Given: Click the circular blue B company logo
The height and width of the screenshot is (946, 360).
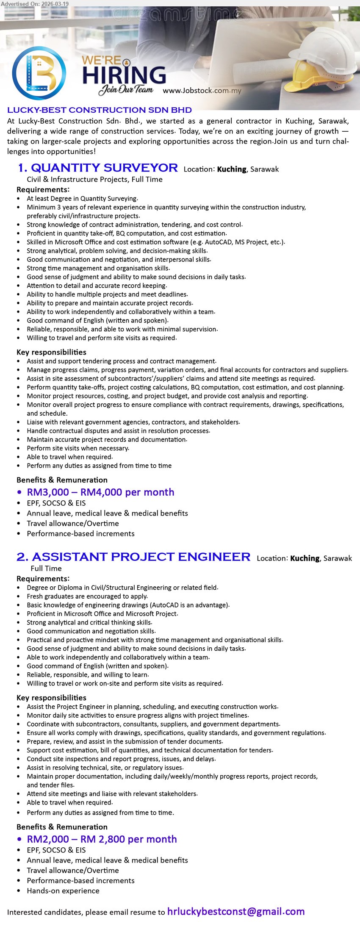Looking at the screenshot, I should point(39,73).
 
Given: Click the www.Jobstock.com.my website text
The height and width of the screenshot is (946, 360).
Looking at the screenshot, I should point(202,91).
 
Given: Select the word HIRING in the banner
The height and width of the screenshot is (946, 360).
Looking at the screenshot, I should point(124,75).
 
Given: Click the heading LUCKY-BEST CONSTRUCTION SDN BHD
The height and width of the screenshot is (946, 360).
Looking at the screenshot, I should point(100,110).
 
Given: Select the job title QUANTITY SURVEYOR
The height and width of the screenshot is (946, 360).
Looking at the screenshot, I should point(104,168).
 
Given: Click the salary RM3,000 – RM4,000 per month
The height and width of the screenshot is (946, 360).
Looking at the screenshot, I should point(100,492).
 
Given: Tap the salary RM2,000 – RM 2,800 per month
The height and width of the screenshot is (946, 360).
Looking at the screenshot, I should point(102,839).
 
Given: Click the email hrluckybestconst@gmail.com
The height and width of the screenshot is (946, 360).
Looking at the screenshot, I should point(236,912).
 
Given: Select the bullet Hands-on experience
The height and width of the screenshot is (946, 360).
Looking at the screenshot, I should point(63,891).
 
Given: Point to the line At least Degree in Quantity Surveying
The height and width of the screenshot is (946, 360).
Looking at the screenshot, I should point(82,198).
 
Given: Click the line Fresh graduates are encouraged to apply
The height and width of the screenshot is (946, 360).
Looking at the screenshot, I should point(87,596).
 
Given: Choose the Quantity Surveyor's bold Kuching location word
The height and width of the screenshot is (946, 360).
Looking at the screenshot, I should point(231,169).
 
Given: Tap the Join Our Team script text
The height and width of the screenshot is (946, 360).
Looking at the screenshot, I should point(126,89).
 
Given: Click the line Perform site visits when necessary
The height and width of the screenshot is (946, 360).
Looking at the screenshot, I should point(78,448).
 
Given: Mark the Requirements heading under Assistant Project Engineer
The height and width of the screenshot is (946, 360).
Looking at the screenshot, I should point(43,579).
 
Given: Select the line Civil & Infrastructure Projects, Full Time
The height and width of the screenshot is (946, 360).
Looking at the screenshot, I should point(94,179).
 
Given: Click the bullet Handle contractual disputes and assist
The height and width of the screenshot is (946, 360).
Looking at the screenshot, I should point(118,431).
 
